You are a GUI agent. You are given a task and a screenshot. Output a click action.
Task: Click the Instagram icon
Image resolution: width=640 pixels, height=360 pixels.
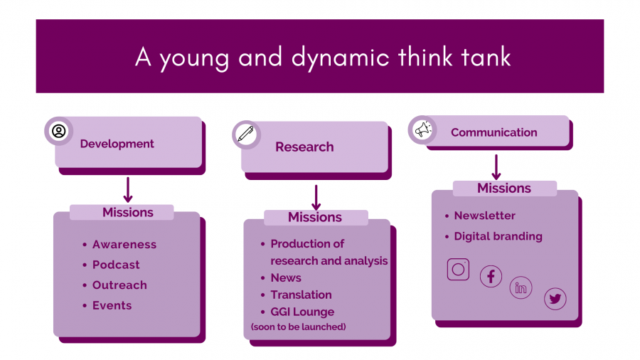458,269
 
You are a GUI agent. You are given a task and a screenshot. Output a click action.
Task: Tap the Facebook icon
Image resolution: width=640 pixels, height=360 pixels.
491,276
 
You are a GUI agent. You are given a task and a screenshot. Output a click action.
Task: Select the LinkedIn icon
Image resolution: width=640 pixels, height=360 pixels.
521,287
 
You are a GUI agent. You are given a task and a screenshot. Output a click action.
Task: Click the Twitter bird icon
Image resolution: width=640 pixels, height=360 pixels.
555,299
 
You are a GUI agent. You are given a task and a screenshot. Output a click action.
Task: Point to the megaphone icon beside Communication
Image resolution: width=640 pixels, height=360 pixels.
423,130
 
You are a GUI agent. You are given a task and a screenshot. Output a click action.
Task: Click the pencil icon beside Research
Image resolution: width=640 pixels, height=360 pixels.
246,134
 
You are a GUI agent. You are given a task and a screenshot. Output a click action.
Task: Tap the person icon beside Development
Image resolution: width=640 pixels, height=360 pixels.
59,131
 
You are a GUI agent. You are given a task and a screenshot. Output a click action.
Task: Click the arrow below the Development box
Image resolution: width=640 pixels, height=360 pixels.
128,190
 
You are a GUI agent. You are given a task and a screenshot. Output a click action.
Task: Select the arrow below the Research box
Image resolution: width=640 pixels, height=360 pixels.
316,198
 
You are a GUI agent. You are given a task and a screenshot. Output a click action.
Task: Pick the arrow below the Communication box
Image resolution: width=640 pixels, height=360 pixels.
496,167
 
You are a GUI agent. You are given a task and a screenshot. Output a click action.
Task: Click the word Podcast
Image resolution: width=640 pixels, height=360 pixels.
116,265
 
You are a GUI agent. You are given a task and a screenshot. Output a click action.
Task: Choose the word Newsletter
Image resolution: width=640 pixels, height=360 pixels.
485,216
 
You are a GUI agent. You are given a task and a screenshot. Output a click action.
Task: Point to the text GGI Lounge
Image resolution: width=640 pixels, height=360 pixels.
302,312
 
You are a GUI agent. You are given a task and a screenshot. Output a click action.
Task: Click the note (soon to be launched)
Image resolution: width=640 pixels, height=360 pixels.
299,327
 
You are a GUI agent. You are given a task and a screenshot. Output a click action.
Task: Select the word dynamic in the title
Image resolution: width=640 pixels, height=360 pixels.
341,57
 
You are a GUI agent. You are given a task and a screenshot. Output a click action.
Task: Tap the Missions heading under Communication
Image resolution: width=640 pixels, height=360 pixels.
504,188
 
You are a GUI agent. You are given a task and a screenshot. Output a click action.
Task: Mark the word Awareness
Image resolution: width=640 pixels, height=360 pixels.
124,245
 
